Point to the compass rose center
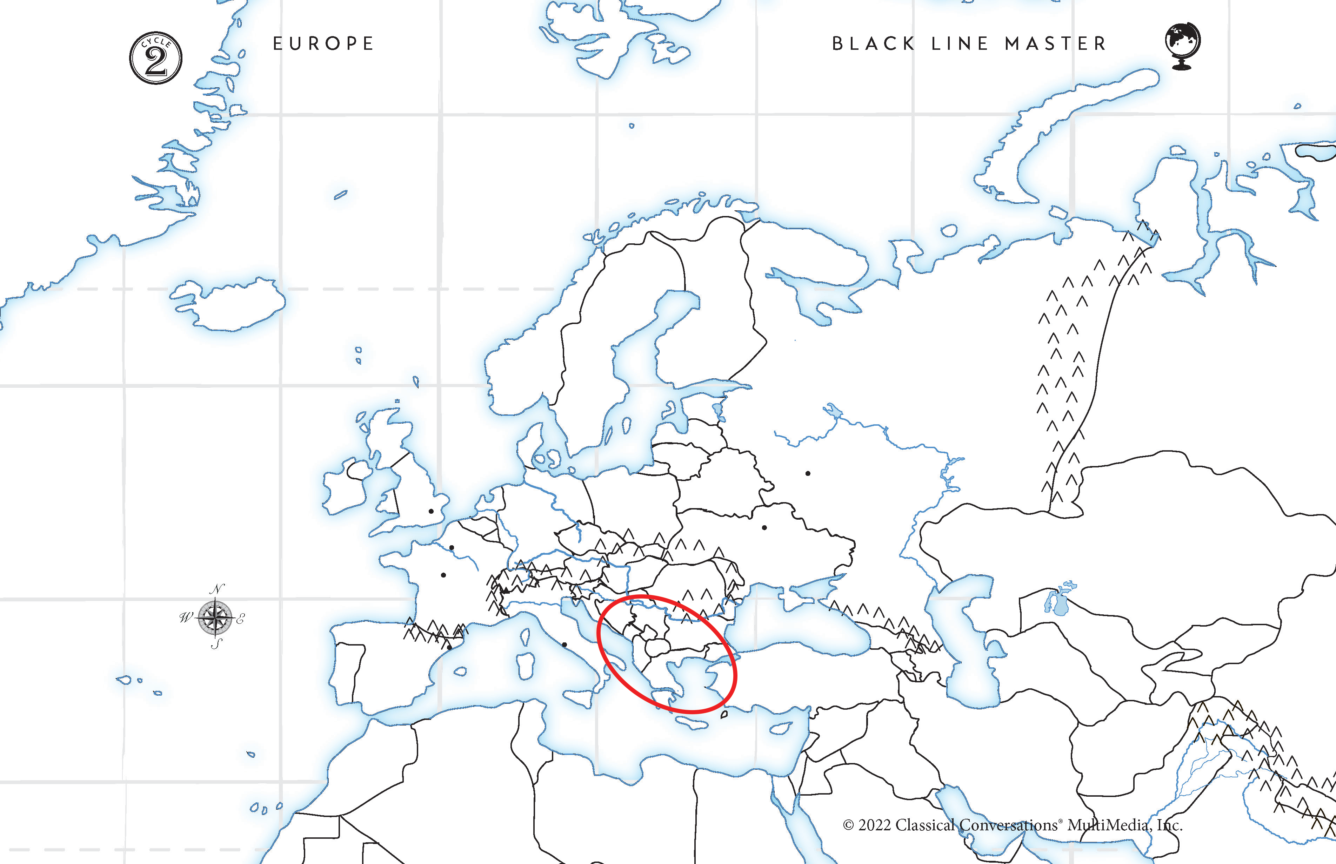215,617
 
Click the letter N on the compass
217,588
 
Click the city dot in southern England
431,511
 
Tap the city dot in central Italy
564,644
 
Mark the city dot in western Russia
808,473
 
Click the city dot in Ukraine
764,527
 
